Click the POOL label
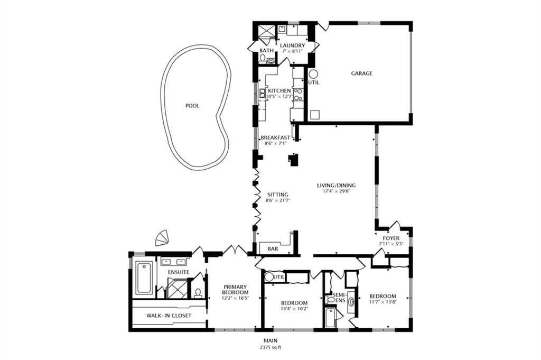click(192, 106)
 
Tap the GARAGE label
click(362, 73)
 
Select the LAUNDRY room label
click(292, 45)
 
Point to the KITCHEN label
click(279, 91)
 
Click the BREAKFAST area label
click(275, 137)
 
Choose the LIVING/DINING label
click(336, 186)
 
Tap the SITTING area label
click(277, 195)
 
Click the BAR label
click(273, 248)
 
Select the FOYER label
click(391, 238)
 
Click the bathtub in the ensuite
click(144, 278)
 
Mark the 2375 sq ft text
click(270, 348)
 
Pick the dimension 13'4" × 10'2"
click(294, 309)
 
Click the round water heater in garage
click(313, 74)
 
